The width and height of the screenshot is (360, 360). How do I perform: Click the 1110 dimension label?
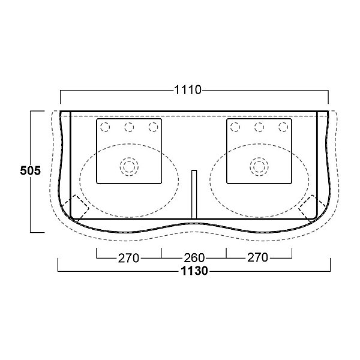(188, 90)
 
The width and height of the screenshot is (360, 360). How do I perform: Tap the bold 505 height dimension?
(31, 170)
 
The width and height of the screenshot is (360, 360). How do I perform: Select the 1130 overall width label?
(194, 271)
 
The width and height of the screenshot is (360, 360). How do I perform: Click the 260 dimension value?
(194, 258)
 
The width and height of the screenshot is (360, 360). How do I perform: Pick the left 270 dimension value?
(128, 258)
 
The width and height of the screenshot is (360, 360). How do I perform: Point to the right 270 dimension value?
(257, 257)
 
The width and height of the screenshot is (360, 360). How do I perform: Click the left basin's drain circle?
(129, 167)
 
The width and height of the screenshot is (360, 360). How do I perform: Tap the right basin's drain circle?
(259, 167)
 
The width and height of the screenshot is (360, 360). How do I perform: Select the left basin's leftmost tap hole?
(105, 127)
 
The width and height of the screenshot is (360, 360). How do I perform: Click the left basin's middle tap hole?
(129, 127)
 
